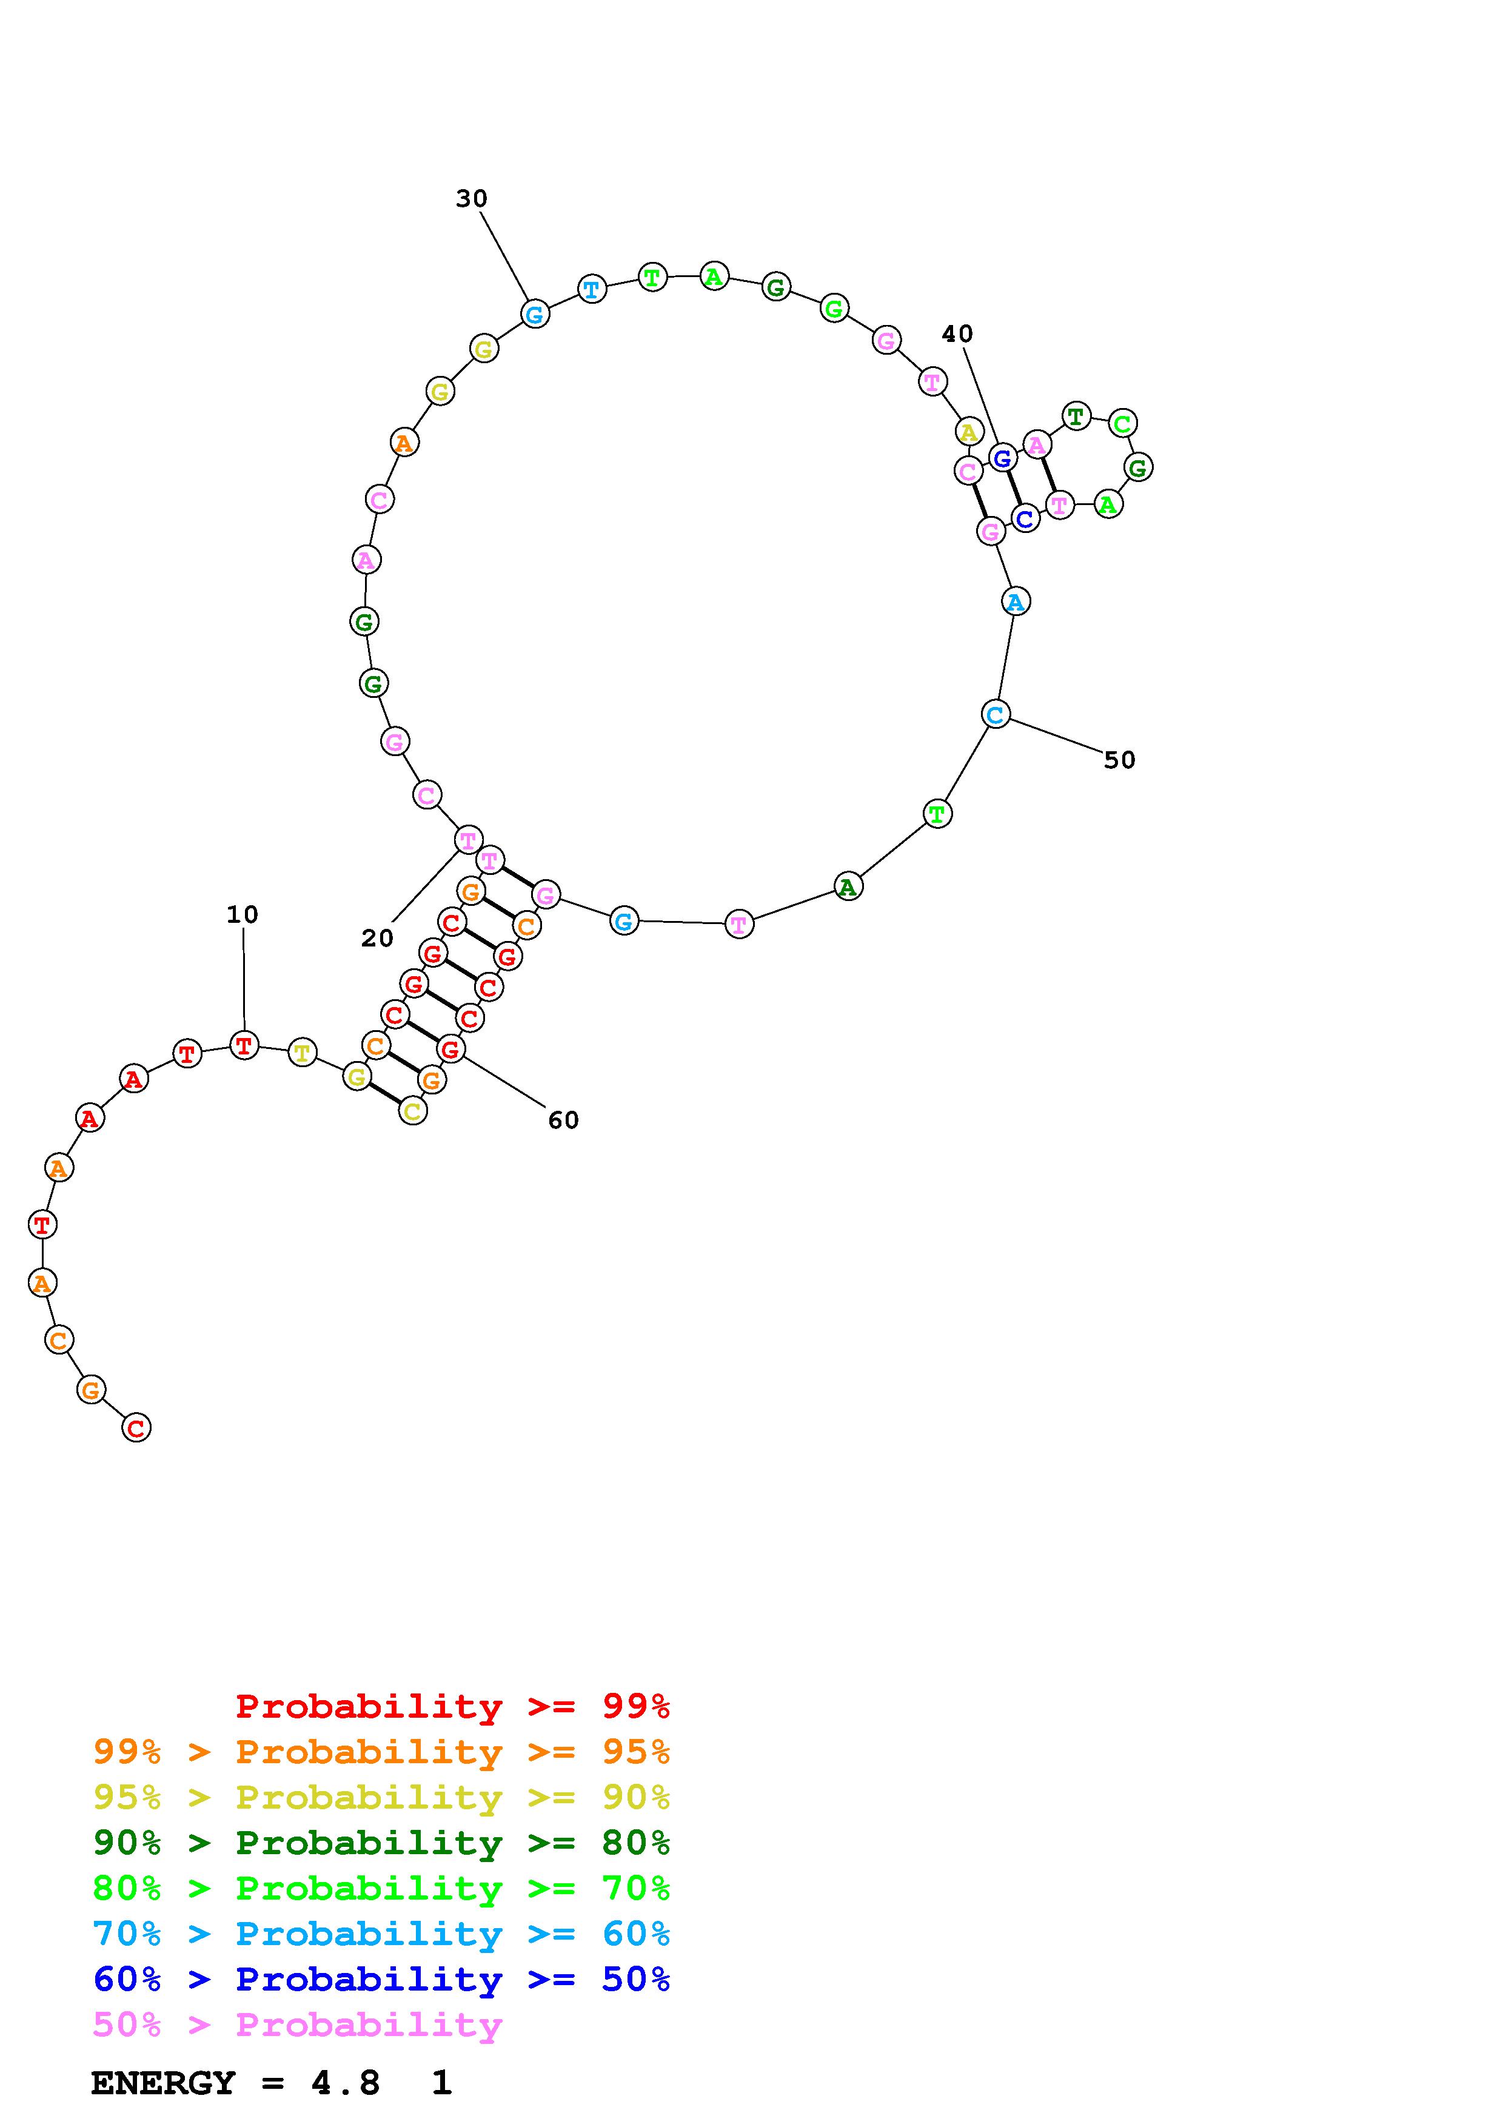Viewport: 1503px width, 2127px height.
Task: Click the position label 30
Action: click(471, 198)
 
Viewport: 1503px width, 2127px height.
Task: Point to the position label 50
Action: click(1120, 760)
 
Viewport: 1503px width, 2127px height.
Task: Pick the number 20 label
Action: click(377, 939)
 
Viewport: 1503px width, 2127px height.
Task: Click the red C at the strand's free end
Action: click(136, 1427)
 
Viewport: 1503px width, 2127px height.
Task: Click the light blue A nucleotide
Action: click(1016, 601)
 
